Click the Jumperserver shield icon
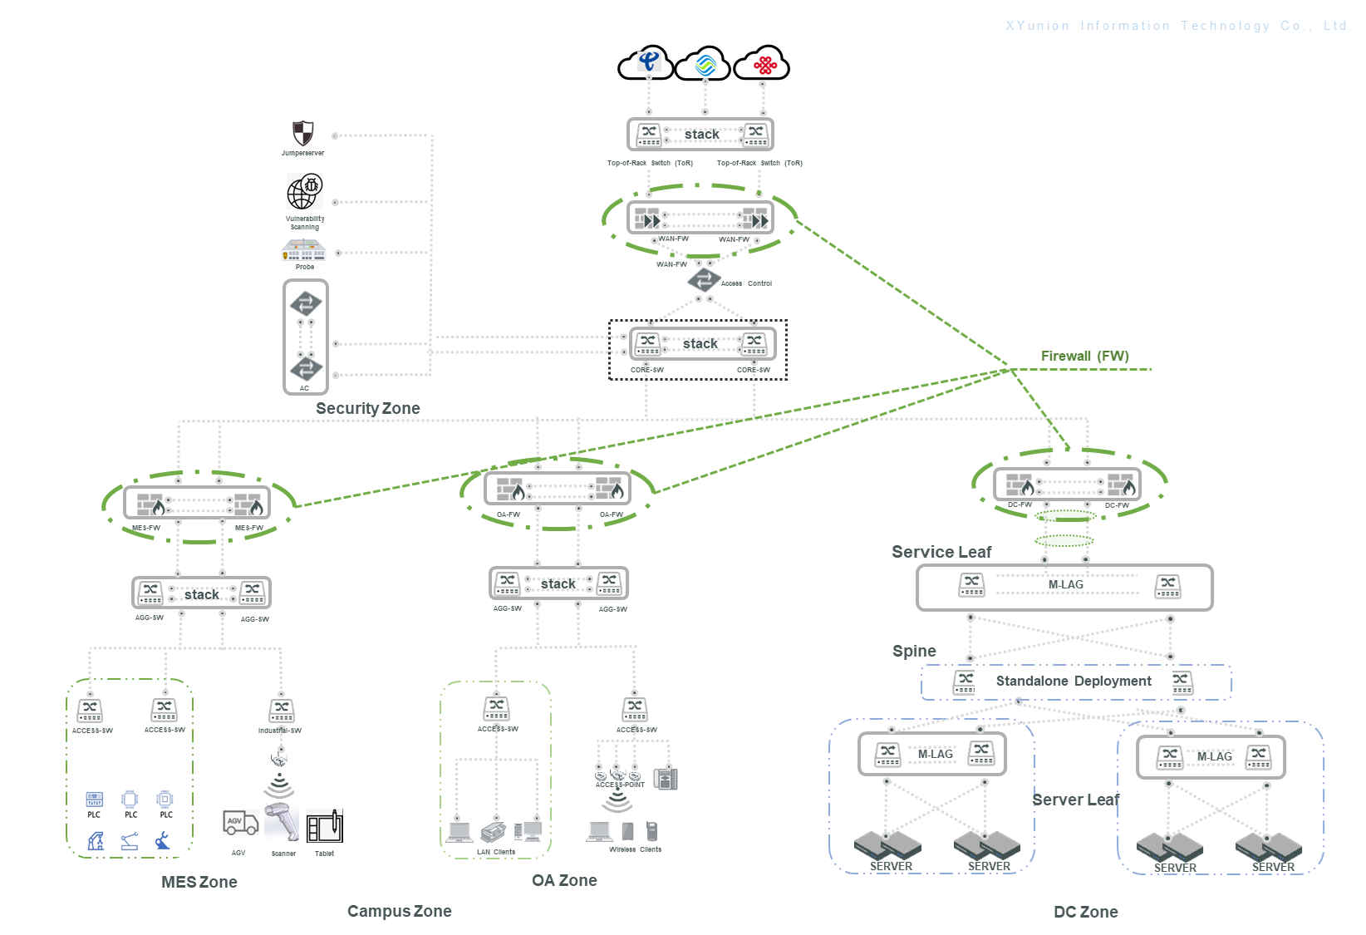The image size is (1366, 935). pos(303,133)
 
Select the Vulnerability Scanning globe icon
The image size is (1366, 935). pos(304,192)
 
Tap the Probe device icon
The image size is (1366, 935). pos(303,249)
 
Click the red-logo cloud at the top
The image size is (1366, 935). pos(764,64)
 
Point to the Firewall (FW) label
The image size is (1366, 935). pos(1084,356)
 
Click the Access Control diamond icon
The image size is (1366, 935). pos(704,279)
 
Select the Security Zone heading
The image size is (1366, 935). pos(367,408)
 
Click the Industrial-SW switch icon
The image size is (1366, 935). pos(282,711)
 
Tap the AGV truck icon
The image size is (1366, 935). pos(240,823)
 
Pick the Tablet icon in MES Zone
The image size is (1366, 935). pos(325,827)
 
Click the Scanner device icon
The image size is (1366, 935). pos(282,823)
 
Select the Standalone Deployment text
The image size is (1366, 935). pos(1074,681)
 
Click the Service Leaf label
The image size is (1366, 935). pos(941,552)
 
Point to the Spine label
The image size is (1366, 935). pos(914,651)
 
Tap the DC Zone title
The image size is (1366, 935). pos(1085,912)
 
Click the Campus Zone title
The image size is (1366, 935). pos(399,911)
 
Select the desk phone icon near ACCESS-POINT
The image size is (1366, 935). pos(666,779)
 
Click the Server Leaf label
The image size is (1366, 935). pos(1075,800)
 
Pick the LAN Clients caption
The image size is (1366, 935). pos(495,852)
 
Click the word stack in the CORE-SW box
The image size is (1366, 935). pos(700,343)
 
